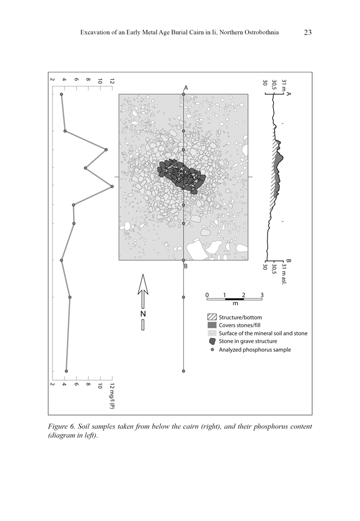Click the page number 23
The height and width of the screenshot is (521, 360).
click(x=308, y=33)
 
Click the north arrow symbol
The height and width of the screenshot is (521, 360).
click(x=143, y=291)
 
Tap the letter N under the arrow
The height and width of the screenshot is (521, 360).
click(x=143, y=313)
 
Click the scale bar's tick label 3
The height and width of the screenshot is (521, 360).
click(x=262, y=295)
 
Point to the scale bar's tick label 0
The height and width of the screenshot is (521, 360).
click(x=207, y=295)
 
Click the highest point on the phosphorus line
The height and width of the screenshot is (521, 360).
click(x=112, y=187)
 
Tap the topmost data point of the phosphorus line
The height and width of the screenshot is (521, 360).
click(x=62, y=95)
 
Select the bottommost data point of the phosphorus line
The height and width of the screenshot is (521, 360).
click(x=66, y=371)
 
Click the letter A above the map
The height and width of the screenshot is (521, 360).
click(x=186, y=88)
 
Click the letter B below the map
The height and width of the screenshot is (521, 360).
click(x=186, y=266)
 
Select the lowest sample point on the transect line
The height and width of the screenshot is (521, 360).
click(x=184, y=371)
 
